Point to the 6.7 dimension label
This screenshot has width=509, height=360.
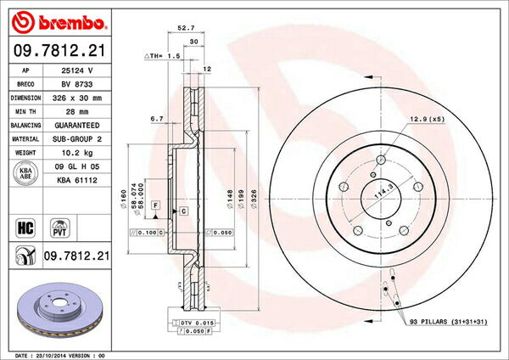pos(156,120)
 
